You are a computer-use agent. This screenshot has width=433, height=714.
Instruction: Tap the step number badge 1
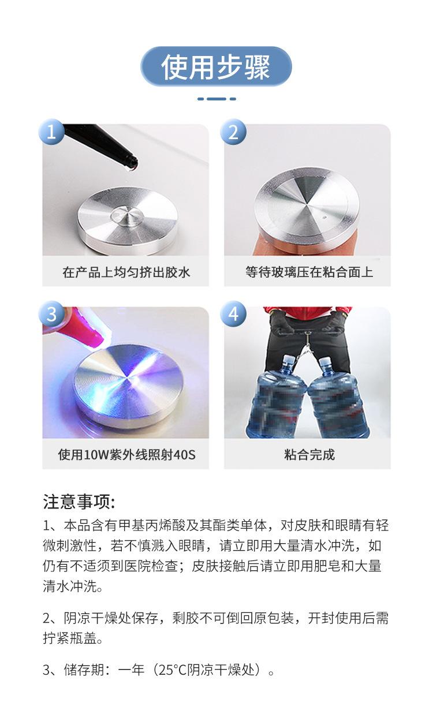51,132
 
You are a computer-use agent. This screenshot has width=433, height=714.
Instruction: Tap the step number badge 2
233,132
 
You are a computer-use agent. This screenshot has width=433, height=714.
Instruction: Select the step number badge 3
51,315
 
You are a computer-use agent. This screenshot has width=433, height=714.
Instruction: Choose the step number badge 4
233,315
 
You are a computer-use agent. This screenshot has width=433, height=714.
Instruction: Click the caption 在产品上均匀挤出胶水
126,272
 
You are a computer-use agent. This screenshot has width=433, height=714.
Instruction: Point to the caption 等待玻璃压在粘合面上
307,272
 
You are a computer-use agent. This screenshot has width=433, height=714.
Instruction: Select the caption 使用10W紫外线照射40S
126,455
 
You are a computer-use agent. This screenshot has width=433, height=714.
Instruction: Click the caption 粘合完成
307,455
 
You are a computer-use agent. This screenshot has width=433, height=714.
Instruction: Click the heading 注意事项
79,502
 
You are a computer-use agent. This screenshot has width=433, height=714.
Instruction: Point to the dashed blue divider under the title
216,99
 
